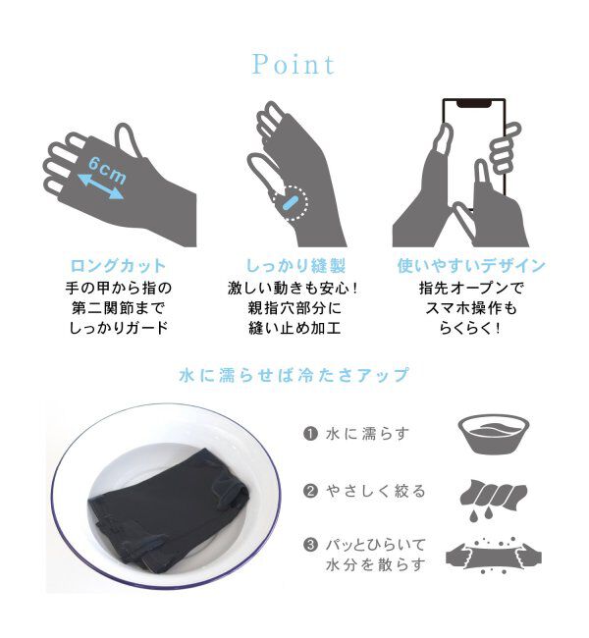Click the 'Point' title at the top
coord(294,65)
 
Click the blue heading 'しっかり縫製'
coord(294,266)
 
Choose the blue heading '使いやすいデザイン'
coord(471,266)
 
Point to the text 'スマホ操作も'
coord(471,308)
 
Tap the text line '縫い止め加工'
coord(294,329)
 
